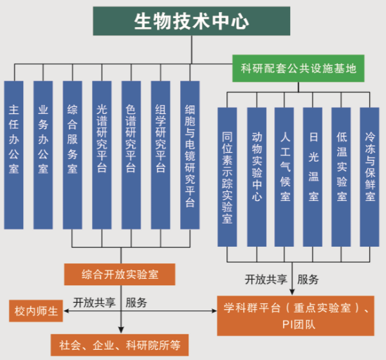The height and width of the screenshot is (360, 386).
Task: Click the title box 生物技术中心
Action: pos(191,21)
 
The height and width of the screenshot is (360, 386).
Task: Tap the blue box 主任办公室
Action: pos(14,155)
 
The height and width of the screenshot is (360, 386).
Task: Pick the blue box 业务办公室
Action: pos(43,155)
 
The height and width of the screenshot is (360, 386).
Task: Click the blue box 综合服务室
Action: pos(73,155)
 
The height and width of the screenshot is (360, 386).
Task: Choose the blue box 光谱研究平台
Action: pos(102,155)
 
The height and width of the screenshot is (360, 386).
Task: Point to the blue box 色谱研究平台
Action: pos(131,155)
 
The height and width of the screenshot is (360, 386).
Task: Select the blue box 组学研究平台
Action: pos(161,155)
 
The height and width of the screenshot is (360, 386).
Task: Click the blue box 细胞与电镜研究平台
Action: pos(190,155)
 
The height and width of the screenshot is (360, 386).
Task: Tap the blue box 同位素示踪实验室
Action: pos(227,176)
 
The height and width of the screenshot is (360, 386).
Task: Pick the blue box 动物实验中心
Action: pos(257,176)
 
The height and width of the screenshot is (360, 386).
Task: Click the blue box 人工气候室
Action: pos(285,176)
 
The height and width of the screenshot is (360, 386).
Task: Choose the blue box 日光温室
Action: pos(313,176)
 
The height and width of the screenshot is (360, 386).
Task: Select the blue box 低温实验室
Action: pos(342,176)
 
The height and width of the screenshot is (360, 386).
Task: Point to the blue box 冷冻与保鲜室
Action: pos(370,176)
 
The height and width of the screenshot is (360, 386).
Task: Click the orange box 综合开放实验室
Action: pos(120,274)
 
